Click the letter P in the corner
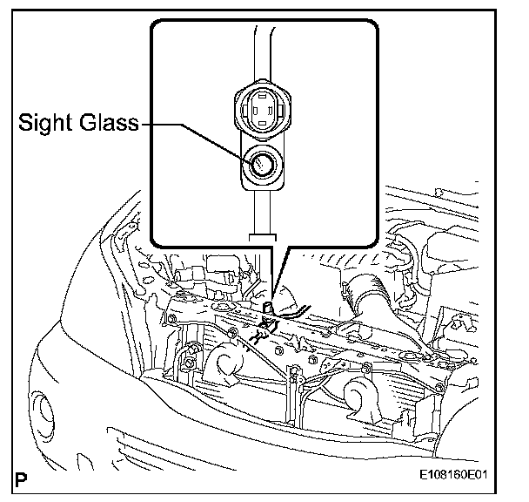[20, 478]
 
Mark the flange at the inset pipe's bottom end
[262, 234]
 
